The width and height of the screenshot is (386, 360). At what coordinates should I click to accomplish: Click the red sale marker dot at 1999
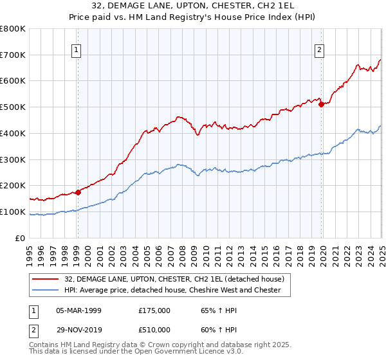point(78,192)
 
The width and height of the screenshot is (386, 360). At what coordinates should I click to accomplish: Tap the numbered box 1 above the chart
point(77,50)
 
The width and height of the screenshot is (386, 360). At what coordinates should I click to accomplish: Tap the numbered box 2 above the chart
point(320,50)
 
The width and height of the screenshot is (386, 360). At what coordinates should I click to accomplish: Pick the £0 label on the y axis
point(21,239)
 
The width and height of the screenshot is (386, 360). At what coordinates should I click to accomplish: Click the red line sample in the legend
point(45,279)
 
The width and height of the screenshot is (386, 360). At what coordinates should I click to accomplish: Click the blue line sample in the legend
point(45,290)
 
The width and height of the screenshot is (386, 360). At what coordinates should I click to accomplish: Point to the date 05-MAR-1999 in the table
point(78,310)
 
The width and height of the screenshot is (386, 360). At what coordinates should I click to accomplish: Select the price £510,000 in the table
point(154,330)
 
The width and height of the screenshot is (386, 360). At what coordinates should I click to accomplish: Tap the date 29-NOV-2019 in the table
point(78,330)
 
